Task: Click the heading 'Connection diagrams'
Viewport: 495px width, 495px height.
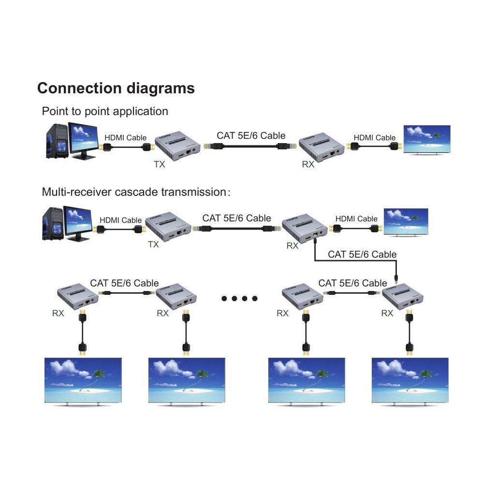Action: point(116,88)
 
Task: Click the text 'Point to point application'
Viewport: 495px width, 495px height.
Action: point(105,111)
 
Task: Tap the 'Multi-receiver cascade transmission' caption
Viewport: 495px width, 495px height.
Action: point(136,192)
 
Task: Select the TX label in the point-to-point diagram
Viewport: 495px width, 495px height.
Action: point(160,164)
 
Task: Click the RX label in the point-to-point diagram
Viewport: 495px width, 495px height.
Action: point(308,164)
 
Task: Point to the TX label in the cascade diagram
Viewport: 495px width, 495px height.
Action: point(153,245)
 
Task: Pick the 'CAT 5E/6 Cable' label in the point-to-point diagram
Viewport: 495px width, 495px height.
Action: point(251,136)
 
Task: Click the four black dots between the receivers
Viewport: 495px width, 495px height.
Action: point(240,298)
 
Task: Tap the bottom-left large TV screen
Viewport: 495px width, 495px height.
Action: point(83,381)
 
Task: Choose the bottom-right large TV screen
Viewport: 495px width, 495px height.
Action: point(410,381)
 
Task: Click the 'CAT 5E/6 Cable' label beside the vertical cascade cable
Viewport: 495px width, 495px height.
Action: point(362,254)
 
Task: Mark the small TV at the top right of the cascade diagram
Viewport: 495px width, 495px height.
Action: point(406,223)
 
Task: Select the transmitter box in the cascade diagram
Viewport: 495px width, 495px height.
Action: point(167,227)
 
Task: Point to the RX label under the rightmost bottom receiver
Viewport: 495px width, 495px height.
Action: point(387,313)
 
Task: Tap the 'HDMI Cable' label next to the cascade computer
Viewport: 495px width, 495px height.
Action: point(120,220)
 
